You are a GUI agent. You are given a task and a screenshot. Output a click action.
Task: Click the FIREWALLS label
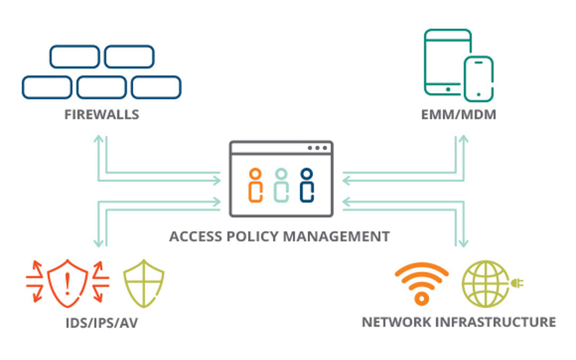pos(101,114)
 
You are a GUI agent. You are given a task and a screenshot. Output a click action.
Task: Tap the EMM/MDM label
pos(458,114)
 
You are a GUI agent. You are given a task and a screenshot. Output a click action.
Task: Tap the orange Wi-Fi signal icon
pos(421,283)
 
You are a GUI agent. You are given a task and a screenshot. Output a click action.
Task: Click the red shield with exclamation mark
pos(67,283)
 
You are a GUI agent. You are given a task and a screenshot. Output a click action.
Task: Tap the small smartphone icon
pos(478,78)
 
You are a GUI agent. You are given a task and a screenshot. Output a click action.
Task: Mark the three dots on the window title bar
pos(318,148)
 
